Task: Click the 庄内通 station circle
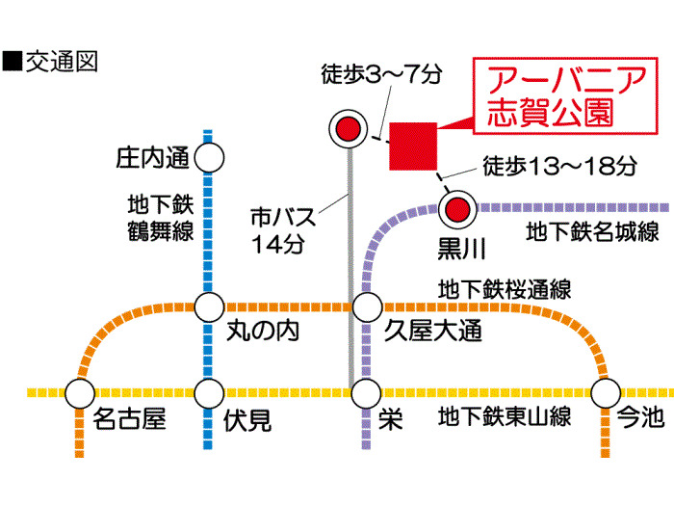click(x=210, y=156)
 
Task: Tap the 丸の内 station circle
click(x=210, y=308)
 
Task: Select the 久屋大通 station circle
click(x=367, y=308)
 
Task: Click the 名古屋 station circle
click(x=80, y=393)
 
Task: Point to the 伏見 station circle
click(x=210, y=393)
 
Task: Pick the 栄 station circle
click(x=367, y=393)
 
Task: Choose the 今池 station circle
click(x=606, y=393)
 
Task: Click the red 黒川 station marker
click(x=459, y=206)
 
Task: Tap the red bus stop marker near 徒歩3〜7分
click(x=348, y=127)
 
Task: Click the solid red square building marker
click(x=414, y=146)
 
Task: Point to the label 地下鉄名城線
click(x=592, y=231)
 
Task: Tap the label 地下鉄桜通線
click(x=505, y=288)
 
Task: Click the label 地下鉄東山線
click(x=505, y=418)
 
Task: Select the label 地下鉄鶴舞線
click(x=160, y=217)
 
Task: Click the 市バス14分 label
click(x=278, y=229)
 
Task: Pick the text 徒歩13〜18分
click(x=559, y=166)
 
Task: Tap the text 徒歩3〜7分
click(x=384, y=73)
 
